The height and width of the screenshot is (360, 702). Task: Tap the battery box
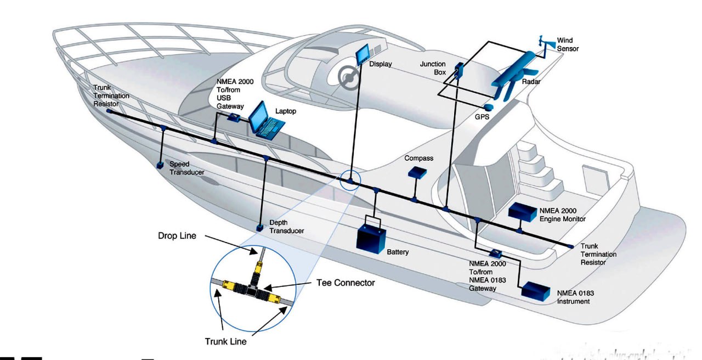click(x=371, y=238)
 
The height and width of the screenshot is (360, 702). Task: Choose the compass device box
click(x=417, y=172)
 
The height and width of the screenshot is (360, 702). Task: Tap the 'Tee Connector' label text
click(x=346, y=283)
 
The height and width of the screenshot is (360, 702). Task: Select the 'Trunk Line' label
click(x=225, y=341)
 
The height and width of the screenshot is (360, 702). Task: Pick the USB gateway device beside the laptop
click(x=233, y=116)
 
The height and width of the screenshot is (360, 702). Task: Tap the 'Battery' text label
click(x=398, y=252)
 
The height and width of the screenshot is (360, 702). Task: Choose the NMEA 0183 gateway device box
click(x=496, y=254)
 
